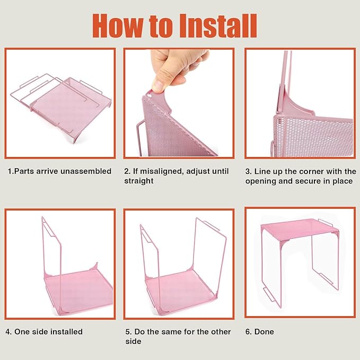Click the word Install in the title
(x=218, y=25)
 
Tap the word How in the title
(x=118, y=25)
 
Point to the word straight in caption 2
(x=139, y=181)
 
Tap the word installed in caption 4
(x=66, y=331)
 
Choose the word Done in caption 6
(x=264, y=331)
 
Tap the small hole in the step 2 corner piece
(x=149, y=94)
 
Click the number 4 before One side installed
(x=8, y=332)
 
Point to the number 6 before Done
(x=248, y=331)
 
